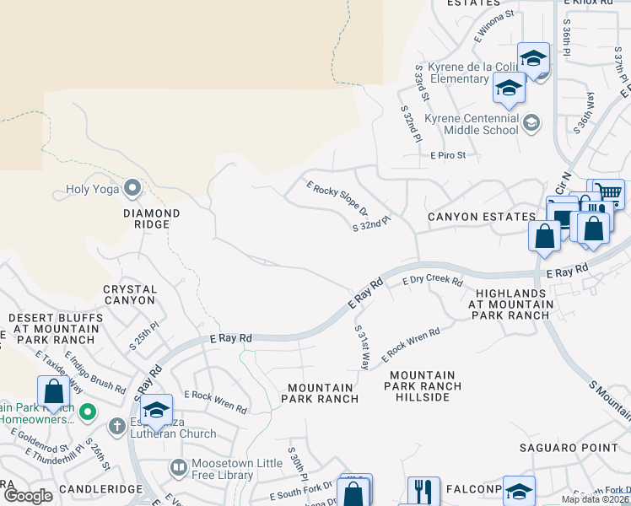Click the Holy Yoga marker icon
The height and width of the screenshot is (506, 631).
[x=132, y=187]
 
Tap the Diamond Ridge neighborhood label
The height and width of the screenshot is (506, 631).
[x=152, y=219]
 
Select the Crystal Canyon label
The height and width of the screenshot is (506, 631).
[x=130, y=294]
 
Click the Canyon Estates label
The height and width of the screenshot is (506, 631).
[x=481, y=218]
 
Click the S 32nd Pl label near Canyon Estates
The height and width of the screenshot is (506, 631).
[x=371, y=222]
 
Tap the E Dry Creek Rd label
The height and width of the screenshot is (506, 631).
[x=433, y=281]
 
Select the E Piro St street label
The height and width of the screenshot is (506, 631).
[x=454, y=156]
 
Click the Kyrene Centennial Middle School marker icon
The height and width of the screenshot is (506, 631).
[x=531, y=124]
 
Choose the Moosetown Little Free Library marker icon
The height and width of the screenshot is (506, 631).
[x=178, y=466]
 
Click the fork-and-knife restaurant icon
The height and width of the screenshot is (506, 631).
[x=423, y=492]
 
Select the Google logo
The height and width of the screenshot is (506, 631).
[x=29, y=496]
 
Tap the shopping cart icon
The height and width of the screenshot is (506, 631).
[x=606, y=194]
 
